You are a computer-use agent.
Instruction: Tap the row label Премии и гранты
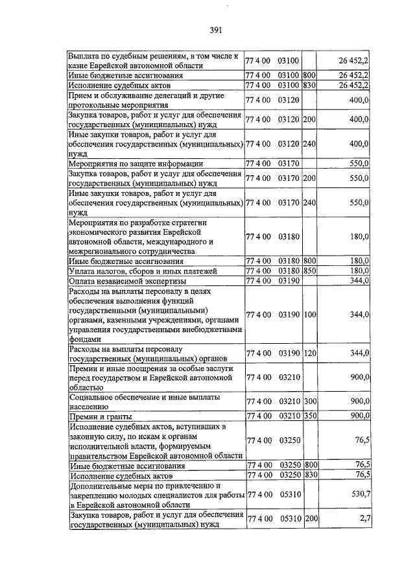click(101, 416)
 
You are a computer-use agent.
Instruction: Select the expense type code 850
click(309, 271)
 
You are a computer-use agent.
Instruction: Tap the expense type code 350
click(309, 416)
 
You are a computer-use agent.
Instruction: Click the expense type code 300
click(309, 401)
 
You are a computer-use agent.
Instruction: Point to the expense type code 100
click(309, 315)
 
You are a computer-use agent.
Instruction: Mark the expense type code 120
click(309, 353)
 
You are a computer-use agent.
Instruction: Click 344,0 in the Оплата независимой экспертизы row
click(359, 281)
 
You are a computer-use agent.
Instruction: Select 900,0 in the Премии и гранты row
click(359, 416)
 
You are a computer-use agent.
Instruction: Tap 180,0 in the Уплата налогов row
click(359, 271)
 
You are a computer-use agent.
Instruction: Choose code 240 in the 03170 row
click(309, 203)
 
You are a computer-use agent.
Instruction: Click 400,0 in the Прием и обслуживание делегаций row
click(359, 101)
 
